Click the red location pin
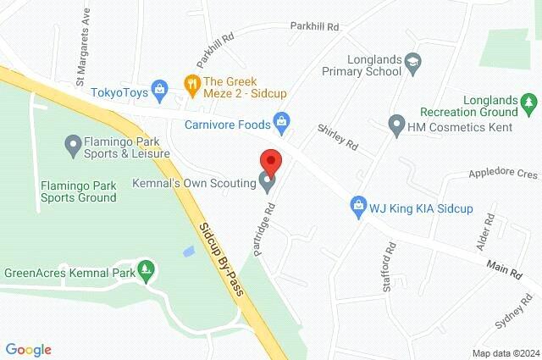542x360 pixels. click(x=270, y=161)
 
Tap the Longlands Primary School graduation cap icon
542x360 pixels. click(x=412, y=60)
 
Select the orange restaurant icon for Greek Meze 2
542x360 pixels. click(x=191, y=84)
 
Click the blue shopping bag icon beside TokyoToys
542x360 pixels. click(x=158, y=90)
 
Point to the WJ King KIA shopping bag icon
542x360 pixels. click(x=359, y=206)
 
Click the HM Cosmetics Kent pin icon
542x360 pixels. click(x=395, y=125)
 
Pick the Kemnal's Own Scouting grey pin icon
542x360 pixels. click(x=268, y=181)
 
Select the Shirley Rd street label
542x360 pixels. click(x=338, y=138)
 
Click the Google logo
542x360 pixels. click(x=28, y=349)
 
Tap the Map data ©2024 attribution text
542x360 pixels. click(x=505, y=352)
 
